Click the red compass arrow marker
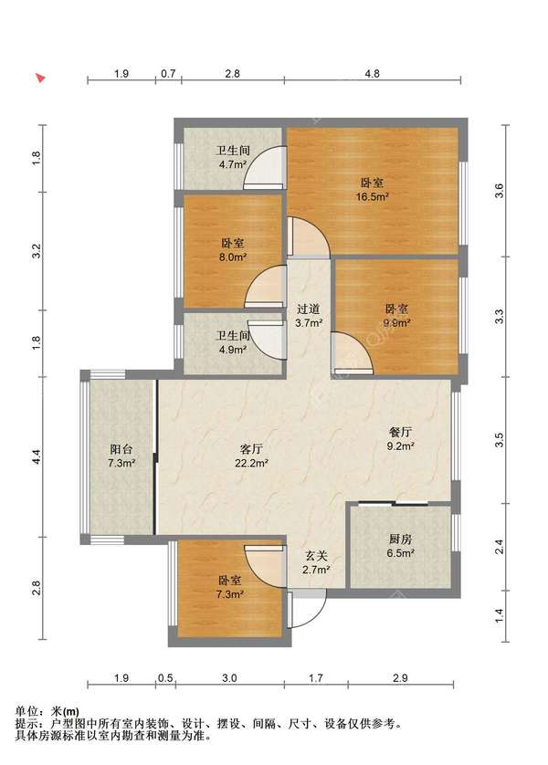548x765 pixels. point(41,78)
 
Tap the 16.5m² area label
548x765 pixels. point(372,196)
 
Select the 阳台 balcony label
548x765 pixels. point(121,449)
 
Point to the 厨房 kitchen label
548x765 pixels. point(401,540)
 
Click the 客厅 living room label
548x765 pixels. point(251,449)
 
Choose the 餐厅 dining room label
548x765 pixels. point(401,432)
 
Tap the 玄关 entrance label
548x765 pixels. point(316,556)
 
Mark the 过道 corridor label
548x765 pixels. point(309,309)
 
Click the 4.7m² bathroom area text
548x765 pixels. point(232,164)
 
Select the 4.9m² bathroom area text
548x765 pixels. point(232,350)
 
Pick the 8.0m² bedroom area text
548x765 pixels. point(232,257)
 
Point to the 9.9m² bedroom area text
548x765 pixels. point(397,322)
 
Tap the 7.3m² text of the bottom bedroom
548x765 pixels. point(229,594)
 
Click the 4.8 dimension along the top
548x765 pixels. point(372,74)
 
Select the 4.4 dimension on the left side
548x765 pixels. point(37,456)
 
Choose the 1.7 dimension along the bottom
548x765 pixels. point(316,677)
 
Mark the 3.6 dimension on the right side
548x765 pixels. point(500,191)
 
